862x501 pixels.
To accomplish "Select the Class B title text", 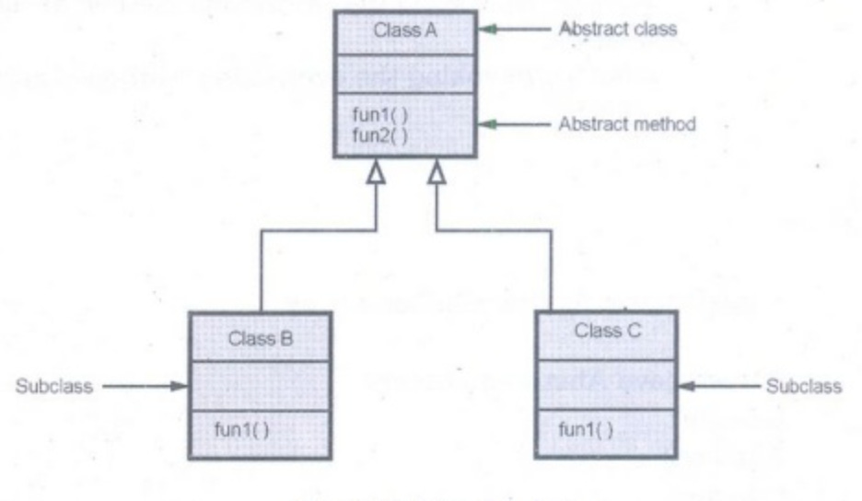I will click(260, 337).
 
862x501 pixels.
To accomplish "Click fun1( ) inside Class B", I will click(241, 430).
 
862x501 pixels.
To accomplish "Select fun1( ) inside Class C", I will click(587, 429).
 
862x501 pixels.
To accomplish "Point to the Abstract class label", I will click(618, 29).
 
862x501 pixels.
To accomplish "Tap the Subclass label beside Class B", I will click(54, 387).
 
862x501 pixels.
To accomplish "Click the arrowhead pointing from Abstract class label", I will click(487, 29).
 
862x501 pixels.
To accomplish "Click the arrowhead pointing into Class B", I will click(180, 387).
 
